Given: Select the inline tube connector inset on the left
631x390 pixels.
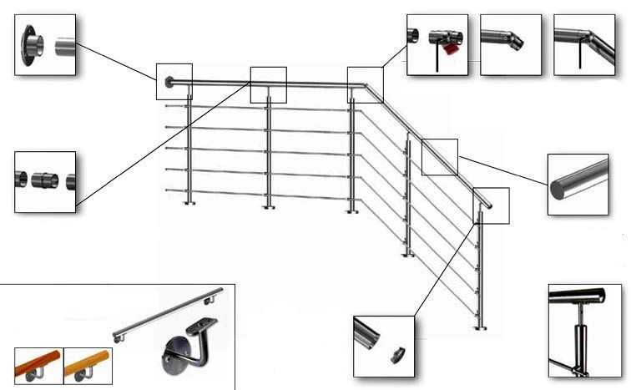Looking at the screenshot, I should pyautogui.click(x=45, y=180).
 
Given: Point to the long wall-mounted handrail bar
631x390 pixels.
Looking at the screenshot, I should pyautogui.click(x=167, y=313).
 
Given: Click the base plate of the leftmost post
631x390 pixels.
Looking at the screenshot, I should pyautogui.click(x=190, y=203).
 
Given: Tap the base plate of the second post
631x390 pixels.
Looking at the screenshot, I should pyautogui.click(x=270, y=205).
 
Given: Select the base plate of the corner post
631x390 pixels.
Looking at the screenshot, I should pyautogui.click(x=352, y=209).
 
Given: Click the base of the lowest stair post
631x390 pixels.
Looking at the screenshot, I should pyautogui.click(x=480, y=328).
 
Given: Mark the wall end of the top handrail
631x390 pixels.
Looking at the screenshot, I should pyautogui.click(x=169, y=81).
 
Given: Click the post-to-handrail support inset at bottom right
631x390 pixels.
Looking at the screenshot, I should pyautogui.click(x=584, y=330).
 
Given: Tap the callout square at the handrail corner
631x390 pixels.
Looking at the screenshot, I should pyautogui.click(x=365, y=84).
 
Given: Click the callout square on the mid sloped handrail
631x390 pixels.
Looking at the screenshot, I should pyautogui.click(x=440, y=156).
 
